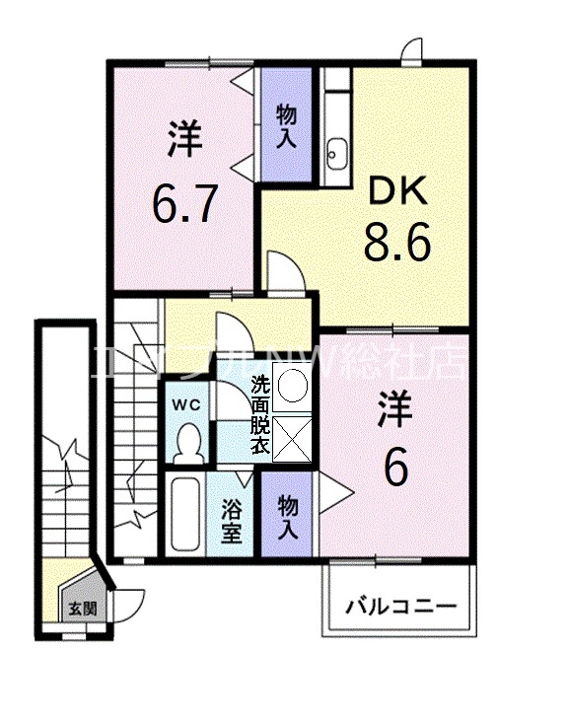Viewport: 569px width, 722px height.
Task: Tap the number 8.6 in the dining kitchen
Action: (396, 243)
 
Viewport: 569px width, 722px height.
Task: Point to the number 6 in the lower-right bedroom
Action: (394, 469)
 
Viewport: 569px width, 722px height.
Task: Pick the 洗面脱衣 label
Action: (259, 414)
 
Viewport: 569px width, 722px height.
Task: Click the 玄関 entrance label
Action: (81, 608)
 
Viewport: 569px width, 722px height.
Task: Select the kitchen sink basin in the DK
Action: (335, 152)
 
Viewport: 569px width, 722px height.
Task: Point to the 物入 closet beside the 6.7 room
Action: (286, 124)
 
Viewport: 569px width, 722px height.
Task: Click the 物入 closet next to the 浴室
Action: (288, 516)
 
